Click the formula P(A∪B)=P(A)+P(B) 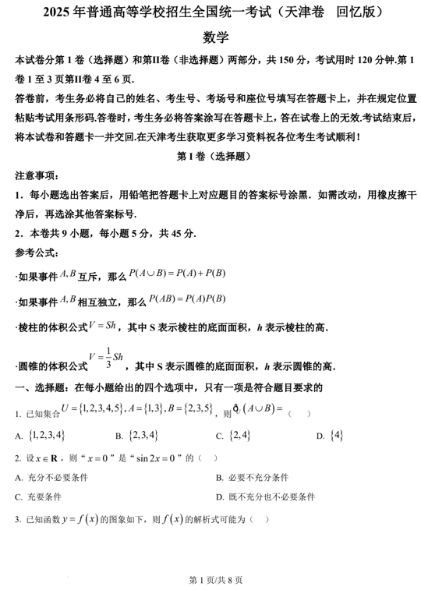(x=177, y=273)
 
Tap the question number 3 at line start (x=17, y=520)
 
